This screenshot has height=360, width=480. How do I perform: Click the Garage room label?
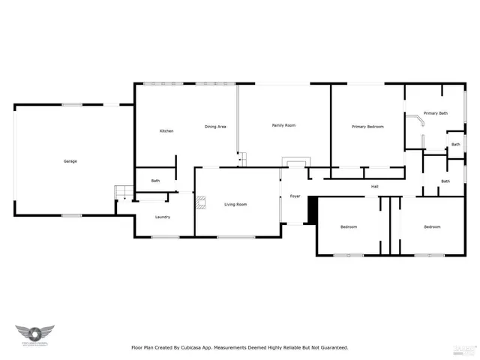coord(70,161)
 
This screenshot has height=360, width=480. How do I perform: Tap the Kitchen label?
coord(166,131)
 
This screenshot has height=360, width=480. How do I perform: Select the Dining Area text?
coord(215,127)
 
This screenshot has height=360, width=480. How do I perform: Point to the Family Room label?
coord(283,125)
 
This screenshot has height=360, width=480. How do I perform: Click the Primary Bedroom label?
coord(367,127)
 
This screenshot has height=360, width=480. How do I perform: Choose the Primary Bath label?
coord(435,113)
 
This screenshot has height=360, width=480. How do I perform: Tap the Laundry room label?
coord(162,217)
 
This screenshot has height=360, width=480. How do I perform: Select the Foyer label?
coord(295,196)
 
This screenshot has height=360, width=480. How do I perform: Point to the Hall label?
coord(374,187)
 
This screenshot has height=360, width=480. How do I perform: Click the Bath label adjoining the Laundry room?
coord(155,181)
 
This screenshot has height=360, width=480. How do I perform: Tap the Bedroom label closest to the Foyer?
coord(348,226)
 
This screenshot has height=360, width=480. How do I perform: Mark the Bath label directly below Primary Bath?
coord(455,144)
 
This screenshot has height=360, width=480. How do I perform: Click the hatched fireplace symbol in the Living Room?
coord(199,202)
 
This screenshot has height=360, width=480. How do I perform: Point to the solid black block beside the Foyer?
coord(313,210)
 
